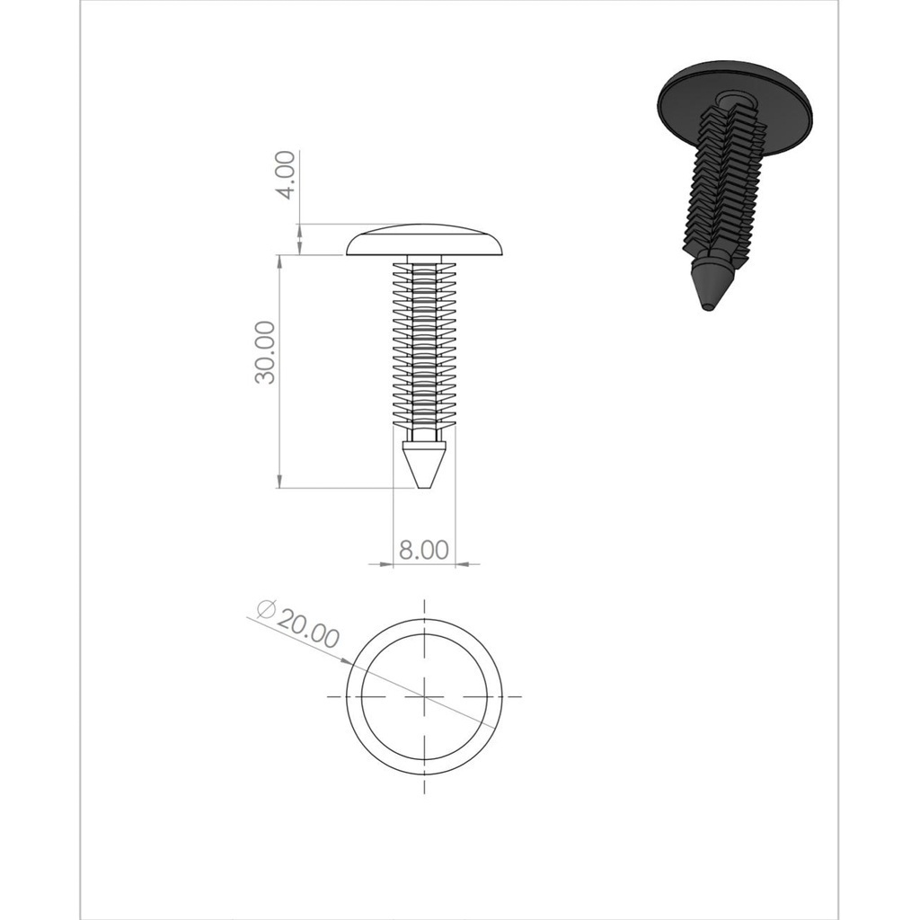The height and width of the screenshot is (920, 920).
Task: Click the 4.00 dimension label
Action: coord(286,175)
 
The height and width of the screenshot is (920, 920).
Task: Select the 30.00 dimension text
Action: coord(265,352)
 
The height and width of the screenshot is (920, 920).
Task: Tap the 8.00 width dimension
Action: coord(424,550)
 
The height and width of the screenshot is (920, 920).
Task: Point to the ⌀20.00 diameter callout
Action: coord(299,624)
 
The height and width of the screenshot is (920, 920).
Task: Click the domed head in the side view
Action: coord(425,240)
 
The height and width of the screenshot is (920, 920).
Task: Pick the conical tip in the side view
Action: coord(424,466)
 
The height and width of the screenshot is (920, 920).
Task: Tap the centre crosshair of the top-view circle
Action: coord(424,696)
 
